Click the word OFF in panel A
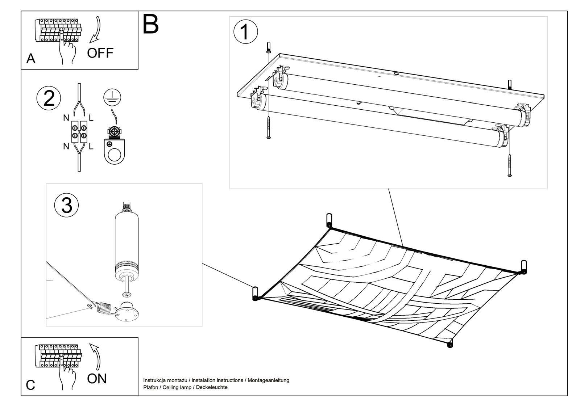click(100, 53)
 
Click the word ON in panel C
click(97, 379)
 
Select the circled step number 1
click(245, 32)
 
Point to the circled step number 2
click(49, 98)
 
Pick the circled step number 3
click(67, 205)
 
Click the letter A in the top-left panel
click(31, 59)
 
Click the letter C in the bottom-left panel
click(31, 385)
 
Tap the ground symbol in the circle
click(112, 97)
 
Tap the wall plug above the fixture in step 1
click(268, 47)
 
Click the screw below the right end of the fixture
click(510, 165)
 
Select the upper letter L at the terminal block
click(91, 118)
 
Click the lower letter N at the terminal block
click(66, 146)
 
